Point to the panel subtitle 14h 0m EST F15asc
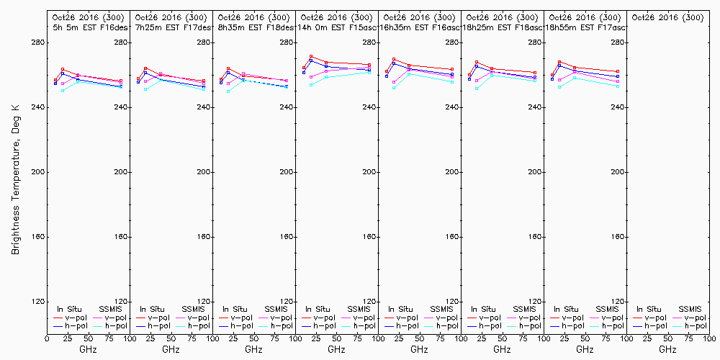(336, 27)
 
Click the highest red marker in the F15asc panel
(311, 56)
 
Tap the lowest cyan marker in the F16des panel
(63, 91)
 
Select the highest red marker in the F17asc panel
(559, 62)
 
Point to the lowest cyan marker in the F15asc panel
(311, 85)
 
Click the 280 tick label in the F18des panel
(287, 42)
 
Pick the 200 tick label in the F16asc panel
(452, 172)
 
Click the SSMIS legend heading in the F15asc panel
(359, 309)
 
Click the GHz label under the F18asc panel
(502, 349)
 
